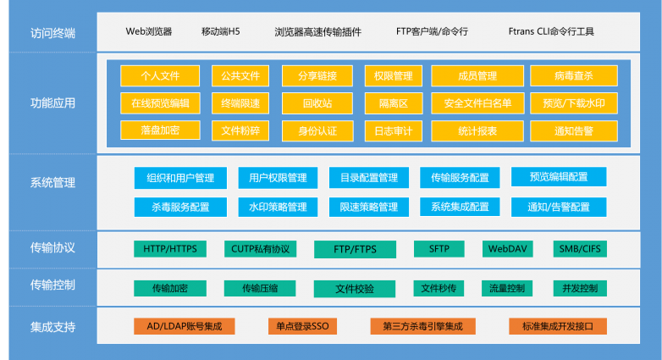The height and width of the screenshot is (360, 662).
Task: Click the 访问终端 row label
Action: pyautogui.click(x=52, y=33)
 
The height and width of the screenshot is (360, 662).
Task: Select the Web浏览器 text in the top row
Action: pyautogui.click(x=149, y=31)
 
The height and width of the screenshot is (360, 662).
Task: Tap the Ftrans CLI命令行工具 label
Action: pyautogui.click(x=551, y=31)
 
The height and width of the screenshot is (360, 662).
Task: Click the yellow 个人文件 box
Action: pyautogui.click(x=160, y=76)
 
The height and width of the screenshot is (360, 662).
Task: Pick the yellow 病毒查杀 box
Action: pyautogui.click(x=574, y=76)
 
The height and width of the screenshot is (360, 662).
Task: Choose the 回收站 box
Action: pyautogui.click(x=317, y=103)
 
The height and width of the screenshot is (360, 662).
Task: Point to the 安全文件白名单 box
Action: pyautogui.click(x=477, y=103)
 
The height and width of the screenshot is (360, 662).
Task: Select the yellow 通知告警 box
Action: pyautogui.click(x=574, y=131)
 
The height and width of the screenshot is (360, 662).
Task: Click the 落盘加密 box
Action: pyautogui.click(x=160, y=130)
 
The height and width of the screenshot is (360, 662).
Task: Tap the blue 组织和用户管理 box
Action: pyautogui.click(x=180, y=178)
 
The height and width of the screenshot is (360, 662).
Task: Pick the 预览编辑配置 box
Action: pyautogui.click(x=559, y=177)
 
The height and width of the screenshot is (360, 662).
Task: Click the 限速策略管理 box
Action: pyautogui.click(x=368, y=207)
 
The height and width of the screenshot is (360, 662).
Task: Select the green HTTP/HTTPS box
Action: pyautogui.click(x=169, y=249)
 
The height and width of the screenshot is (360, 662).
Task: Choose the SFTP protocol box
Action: pyautogui.click(x=439, y=249)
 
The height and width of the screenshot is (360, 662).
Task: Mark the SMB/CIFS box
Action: pyautogui.click(x=580, y=249)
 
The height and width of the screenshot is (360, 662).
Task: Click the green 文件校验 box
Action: pyautogui.click(x=355, y=289)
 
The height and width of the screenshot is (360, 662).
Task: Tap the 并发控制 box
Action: pyautogui.click(x=580, y=288)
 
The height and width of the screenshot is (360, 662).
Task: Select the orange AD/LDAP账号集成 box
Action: pyautogui.click(x=184, y=326)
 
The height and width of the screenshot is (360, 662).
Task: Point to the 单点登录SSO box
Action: pyautogui.click(x=302, y=326)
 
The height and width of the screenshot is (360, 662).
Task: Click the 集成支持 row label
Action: pyautogui.click(x=52, y=327)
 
